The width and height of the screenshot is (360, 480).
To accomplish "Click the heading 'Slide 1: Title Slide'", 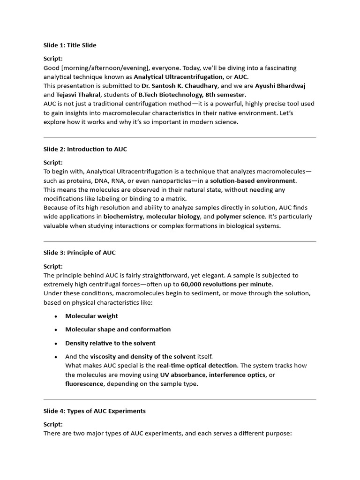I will coord(70,45).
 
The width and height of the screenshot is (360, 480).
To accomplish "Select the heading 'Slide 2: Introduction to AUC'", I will coord(85,149).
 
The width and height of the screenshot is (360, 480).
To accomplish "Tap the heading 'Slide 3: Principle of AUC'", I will coord(80,253).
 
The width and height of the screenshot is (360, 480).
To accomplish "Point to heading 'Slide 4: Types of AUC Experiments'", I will coord(95,411).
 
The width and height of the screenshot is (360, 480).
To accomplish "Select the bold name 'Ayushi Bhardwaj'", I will coord(280,86).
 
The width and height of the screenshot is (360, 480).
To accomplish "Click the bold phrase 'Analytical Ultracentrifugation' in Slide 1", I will coord(178,77).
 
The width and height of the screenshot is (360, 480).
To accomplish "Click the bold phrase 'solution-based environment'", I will coord(253,180).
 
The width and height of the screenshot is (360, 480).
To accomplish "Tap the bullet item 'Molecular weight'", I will coord(91,316).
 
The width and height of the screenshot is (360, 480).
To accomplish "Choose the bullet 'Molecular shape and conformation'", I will coord(118,330).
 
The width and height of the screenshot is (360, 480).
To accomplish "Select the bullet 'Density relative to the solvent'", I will coord(110,343).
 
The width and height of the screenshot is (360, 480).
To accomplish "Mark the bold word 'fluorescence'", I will coord(84,384).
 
